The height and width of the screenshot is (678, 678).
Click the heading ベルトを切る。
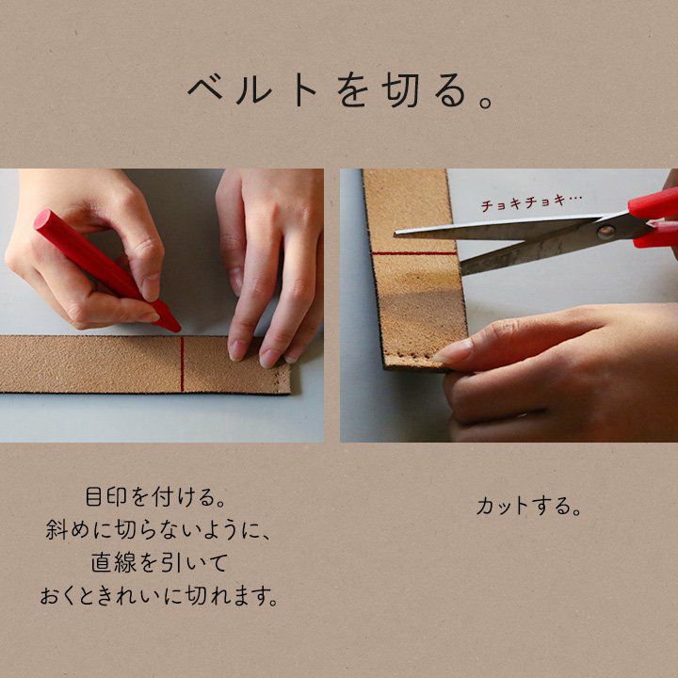[x=340, y=91]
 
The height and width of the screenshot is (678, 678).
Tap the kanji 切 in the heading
[x=400, y=91]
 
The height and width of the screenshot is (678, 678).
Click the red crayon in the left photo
[x=106, y=270]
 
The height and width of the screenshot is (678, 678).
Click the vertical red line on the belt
[x=182, y=364]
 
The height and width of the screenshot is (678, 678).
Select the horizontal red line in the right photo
[x=413, y=253]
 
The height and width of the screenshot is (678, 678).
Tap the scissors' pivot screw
[x=605, y=233]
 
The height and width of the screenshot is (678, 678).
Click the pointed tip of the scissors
[x=395, y=234]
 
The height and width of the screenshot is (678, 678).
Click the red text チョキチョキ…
[x=531, y=202]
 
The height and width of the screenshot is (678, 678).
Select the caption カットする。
[x=528, y=507]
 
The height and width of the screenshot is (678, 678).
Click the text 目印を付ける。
[x=156, y=497]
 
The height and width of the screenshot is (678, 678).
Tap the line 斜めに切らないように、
[x=158, y=530]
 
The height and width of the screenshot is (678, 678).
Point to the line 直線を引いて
[x=159, y=563]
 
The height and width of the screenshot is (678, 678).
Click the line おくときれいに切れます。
[x=159, y=596]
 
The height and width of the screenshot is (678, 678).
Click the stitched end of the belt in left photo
[x=283, y=379]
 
